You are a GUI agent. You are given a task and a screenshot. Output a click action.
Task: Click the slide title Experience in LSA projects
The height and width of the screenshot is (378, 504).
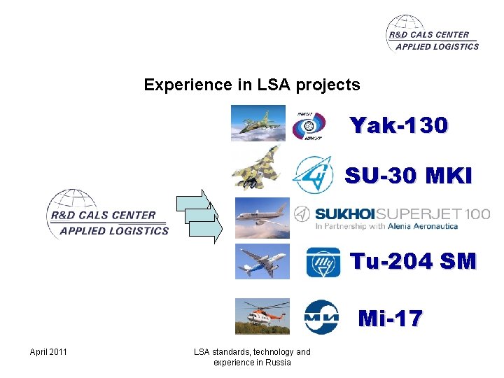pyautogui.click(x=252, y=85)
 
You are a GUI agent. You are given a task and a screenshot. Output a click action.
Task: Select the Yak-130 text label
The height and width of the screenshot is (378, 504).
pyautogui.click(x=399, y=126)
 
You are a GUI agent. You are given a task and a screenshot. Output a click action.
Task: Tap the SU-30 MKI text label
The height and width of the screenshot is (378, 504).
pyautogui.click(x=408, y=176)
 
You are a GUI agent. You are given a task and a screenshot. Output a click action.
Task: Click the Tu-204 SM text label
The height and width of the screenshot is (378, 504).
pyautogui.click(x=412, y=262)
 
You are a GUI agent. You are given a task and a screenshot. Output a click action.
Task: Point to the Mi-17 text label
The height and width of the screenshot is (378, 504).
pyautogui.click(x=391, y=319)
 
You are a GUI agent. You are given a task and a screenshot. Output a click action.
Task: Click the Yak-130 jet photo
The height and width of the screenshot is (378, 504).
pyautogui.click(x=258, y=123)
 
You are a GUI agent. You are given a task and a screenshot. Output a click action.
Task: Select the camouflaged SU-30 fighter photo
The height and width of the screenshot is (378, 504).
pyautogui.click(x=258, y=167)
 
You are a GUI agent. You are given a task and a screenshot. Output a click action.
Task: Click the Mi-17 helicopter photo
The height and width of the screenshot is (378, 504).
pyautogui.click(x=262, y=316)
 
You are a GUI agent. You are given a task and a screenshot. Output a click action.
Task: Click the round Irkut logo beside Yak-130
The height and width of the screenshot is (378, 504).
pyautogui.click(x=309, y=125)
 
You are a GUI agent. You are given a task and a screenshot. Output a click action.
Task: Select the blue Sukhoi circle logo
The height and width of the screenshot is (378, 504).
pyautogui.click(x=311, y=174)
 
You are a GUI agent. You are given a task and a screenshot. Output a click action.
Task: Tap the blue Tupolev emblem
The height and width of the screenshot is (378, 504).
pyautogui.click(x=323, y=263)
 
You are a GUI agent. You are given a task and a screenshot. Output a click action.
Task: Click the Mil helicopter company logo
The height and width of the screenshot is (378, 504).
pyautogui.click(x=321, y=317)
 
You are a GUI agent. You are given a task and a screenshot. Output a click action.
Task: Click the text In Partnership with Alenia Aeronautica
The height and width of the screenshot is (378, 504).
pyautogui.click(x=386, y=226)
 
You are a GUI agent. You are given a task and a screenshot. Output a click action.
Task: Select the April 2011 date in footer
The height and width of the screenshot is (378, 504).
pyautogui.click(x=48, y=351)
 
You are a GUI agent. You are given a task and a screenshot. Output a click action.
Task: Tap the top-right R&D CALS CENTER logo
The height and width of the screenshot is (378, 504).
pyautogui.click(x=432, y=34)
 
